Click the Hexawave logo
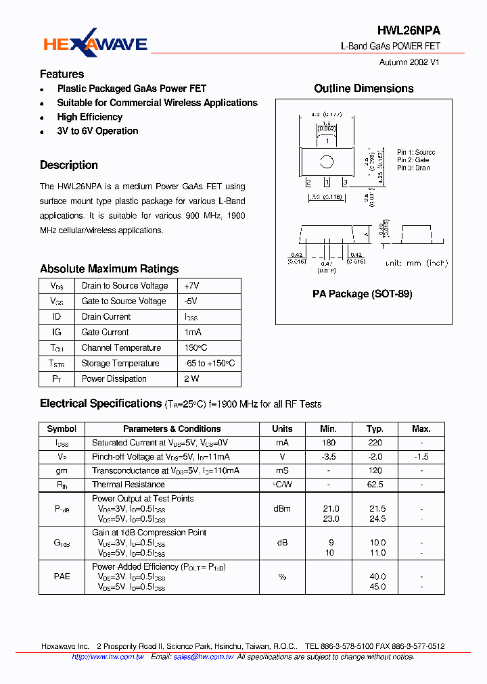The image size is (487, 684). click(x=95, y=43)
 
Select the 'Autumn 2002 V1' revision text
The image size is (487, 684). click(x=409, y=62)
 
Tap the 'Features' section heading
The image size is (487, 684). click(x=62, y=74)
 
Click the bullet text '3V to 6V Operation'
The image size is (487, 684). click(x=97, y=131)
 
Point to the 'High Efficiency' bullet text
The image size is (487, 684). click(x=89, y=117)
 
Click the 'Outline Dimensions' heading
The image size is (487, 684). click(x=363, y=89)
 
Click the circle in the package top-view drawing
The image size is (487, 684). click(x=327, y=162)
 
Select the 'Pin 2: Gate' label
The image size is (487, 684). click(x=413, y=160)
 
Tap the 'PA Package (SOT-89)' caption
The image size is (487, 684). click(x=362, y=294)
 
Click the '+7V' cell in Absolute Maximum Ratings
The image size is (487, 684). click(x=191, y=286)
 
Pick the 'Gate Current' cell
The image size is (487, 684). click(x=105, y=333)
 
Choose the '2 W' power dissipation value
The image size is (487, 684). click(x=191, y=379)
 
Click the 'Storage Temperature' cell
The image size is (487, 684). click(x=120, y=364)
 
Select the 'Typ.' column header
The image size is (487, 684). click(x=375, y=429)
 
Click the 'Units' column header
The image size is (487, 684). click(x=282, y=429)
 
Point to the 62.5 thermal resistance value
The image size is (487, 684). click(x=375, y=485)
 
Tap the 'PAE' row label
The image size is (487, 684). click(x=62, y=577)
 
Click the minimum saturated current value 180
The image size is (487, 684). click(x=329, y=443)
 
